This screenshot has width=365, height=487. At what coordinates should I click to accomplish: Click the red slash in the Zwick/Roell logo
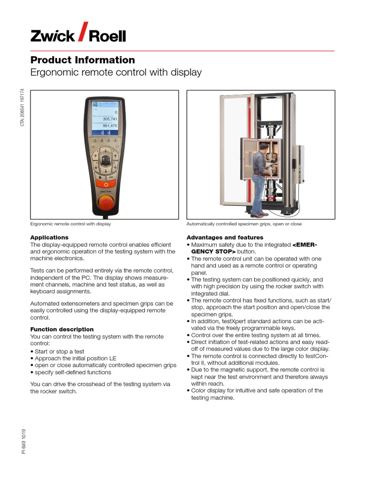81,32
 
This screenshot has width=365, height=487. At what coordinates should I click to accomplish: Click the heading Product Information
83,60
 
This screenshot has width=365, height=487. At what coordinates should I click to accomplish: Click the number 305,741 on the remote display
110,119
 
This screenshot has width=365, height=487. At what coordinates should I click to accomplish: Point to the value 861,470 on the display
110,126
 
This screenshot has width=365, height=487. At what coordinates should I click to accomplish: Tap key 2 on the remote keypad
101,141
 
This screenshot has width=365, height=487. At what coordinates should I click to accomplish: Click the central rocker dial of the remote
105,160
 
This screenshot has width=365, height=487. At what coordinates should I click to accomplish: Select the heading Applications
49,237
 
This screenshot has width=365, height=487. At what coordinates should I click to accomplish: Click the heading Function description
62,329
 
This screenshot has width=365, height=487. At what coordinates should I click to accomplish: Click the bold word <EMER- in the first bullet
305,244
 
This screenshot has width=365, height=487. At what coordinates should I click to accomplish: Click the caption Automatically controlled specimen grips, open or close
244,224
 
